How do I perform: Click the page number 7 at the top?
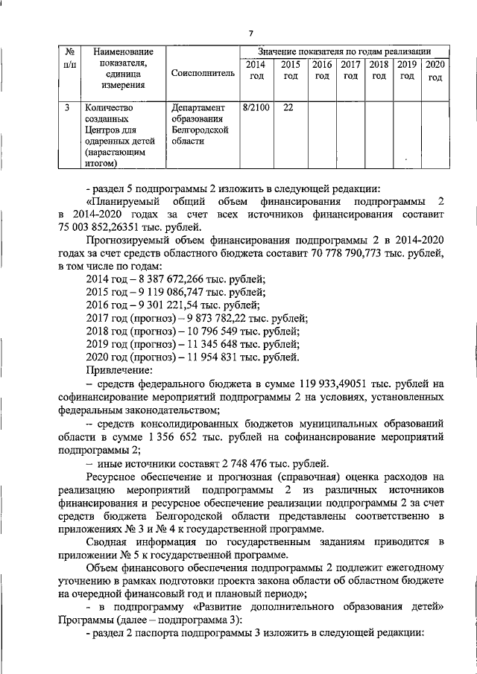click(x=250, y=32)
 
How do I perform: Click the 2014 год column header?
click(x=255, y=70)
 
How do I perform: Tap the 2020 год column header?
click(x=435, y=71)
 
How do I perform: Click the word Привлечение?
click(x=120, y=370)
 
